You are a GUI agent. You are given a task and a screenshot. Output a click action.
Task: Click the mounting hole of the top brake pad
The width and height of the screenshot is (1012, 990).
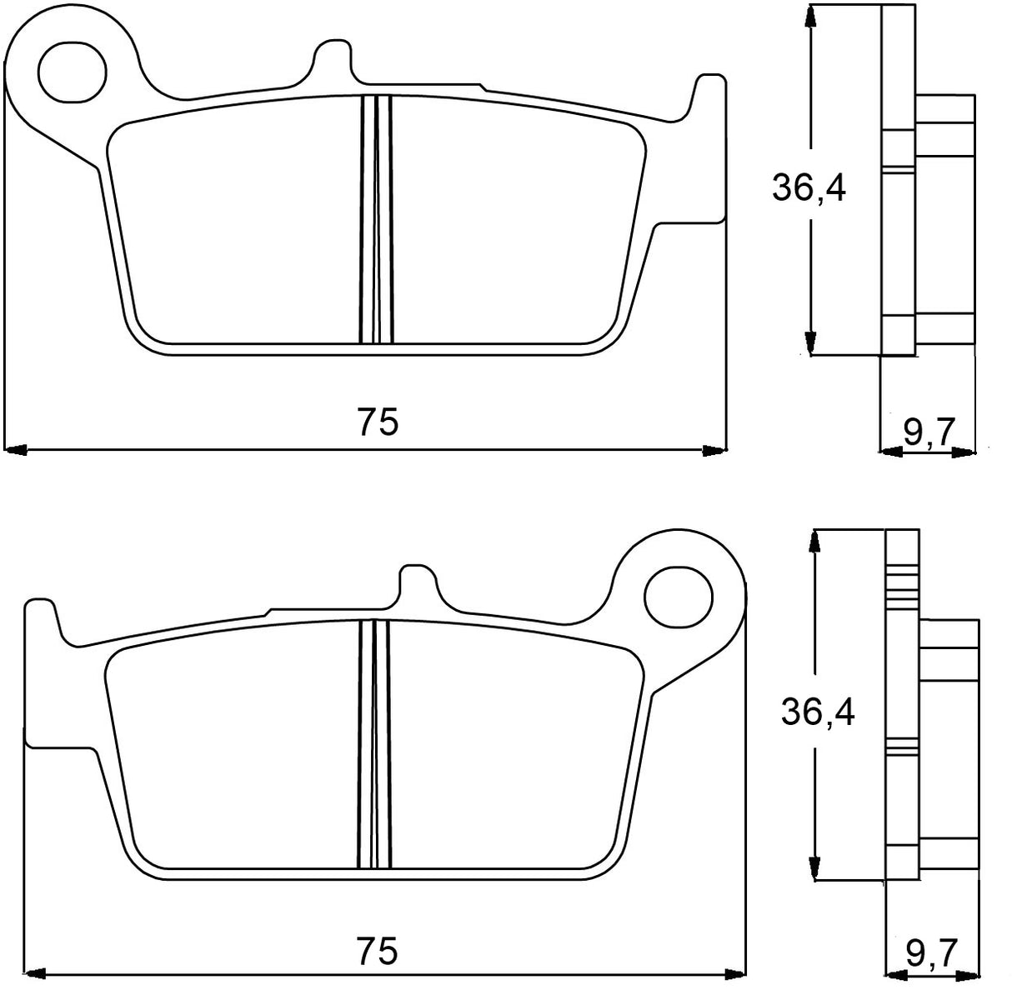pyautogui.click(x=73, y=62)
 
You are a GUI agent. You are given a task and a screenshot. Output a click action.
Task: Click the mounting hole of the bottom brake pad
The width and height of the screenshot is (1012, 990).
pyautogui.click(x=679, y=597)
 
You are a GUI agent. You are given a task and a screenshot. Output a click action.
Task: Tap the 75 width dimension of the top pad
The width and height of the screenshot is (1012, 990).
pyautogui.click(x=378, y=422)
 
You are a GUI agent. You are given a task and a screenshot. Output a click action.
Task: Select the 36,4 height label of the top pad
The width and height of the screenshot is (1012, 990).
pyautogui.click(x=808, y=188)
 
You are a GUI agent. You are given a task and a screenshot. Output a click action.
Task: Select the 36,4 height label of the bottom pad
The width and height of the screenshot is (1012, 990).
pyautogui.click(x=817, y=712)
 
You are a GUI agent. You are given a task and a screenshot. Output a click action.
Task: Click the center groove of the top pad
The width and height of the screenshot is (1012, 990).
pyautogui.click(x=377, y=219)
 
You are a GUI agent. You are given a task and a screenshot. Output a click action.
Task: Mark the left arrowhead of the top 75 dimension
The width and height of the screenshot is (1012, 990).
pyautogui.click(x=17, y=451)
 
